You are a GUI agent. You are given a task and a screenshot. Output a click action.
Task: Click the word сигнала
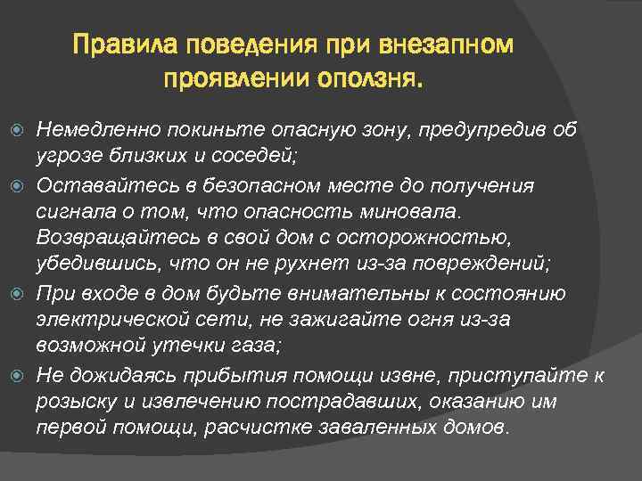pos(72,213)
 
